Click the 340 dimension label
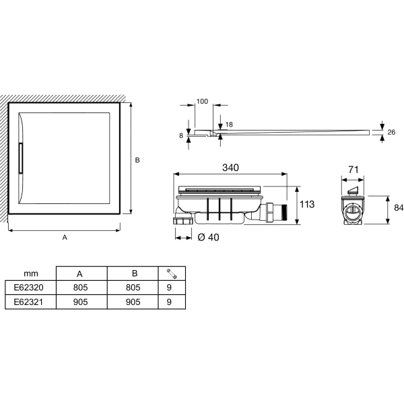(230, 168)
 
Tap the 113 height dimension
(307, 204)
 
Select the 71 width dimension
(353, 170)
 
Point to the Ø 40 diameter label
(208, 237)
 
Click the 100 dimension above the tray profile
(202, 101)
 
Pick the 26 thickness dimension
(391, 132)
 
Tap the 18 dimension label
(229, 125)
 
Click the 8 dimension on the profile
(181, 135)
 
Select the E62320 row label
(28, 287)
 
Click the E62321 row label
(28, 302)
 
